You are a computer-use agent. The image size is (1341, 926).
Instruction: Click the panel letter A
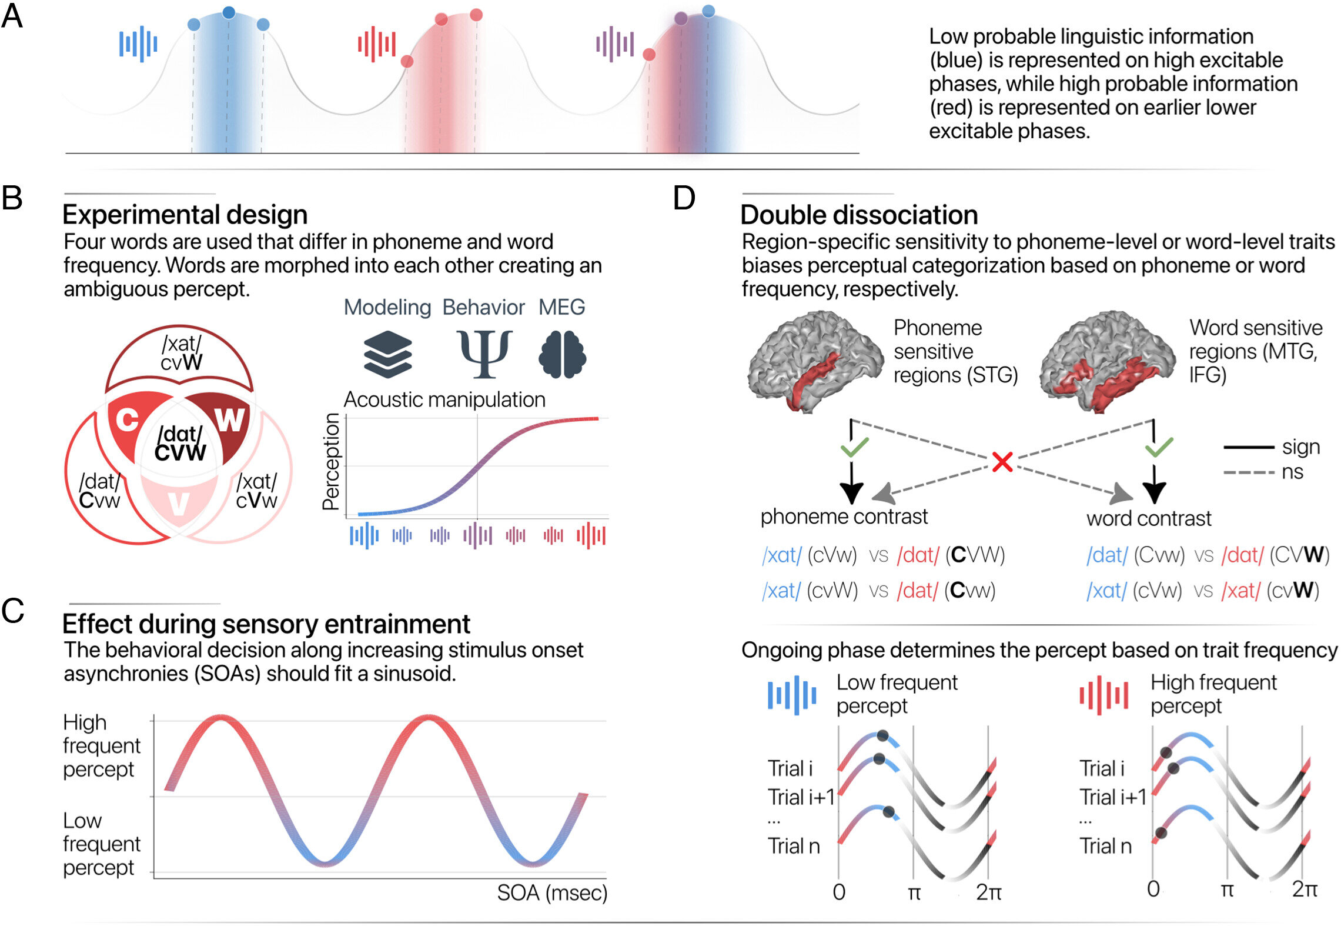[12, 16]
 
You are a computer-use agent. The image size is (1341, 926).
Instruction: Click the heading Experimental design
[185, 215]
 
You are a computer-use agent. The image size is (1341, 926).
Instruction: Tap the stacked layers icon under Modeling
[387, 354]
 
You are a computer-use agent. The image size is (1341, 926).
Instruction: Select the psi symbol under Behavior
[484, 354]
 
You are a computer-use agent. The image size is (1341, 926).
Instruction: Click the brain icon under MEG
[562, 354]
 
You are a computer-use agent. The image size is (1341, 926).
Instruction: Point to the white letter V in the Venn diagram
[179, 505]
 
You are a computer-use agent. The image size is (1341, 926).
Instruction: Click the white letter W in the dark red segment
[229, 420]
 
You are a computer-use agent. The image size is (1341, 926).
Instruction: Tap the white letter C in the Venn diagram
[127, 420]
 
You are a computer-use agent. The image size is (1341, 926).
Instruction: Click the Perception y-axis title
[331, 461]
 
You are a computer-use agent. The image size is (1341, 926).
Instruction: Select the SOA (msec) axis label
[551, 892]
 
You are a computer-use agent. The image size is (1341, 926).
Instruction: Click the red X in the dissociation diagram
[1002, 462]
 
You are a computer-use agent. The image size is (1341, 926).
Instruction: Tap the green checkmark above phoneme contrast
[854, 447]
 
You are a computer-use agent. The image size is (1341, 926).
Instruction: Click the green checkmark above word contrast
[1159, 447]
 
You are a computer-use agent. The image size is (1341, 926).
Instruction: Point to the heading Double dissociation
[859, 215]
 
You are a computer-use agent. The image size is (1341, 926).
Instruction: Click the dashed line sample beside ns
[1248, 472]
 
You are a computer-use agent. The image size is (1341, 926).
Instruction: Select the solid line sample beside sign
[1248, 448]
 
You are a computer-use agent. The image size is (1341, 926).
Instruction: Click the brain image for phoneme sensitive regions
[814, 362]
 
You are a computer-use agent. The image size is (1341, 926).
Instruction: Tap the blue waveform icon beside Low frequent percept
[792, 695]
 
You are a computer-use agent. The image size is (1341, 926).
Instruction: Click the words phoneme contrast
[844, 517]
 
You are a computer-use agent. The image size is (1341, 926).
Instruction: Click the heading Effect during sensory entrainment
[266, 624]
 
